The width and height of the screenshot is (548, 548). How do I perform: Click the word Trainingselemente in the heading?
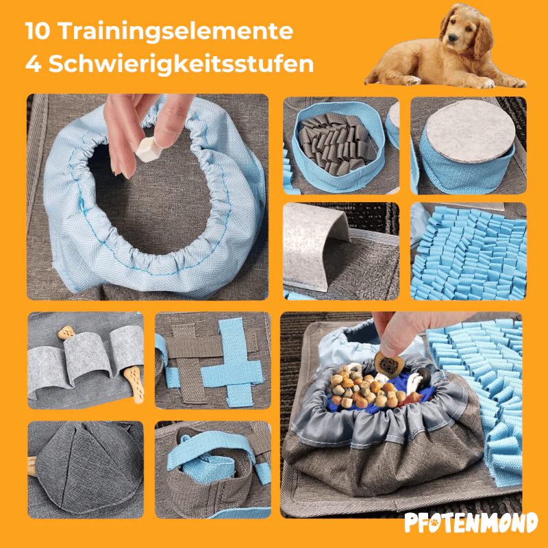[175, 32]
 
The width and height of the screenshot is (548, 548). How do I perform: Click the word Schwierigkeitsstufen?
[181, 64]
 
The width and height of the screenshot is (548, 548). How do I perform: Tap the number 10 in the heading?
[38, 31]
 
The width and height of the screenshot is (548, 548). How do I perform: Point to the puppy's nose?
[453, 38]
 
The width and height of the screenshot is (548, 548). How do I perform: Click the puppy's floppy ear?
[484, 38]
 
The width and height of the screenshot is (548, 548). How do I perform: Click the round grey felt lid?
[470, 131]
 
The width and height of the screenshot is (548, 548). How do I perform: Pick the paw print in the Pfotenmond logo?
[434, 523]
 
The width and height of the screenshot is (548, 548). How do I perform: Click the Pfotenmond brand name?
[471, 523]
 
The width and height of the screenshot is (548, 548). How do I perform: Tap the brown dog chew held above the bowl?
[389, 365]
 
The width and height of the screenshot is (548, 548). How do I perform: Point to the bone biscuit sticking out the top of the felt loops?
[66, 333]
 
